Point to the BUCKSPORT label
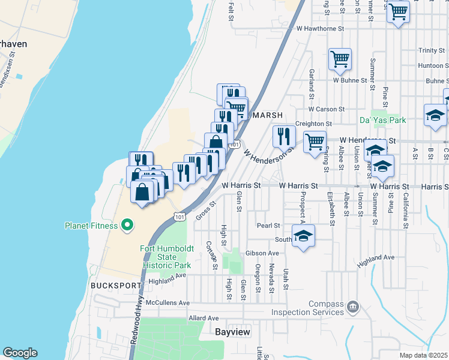tap(115, 286)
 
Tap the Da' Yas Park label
tap(382, 120)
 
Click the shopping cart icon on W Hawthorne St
tap(399, 11)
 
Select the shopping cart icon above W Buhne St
tap(340, 59)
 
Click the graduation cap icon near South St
tap(304, 235)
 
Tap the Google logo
tap(20, 353)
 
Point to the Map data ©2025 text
tap(423, 355)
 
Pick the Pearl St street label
tap(268, 226)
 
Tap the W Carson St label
tap(327, 109)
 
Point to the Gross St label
tap(205, 211)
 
